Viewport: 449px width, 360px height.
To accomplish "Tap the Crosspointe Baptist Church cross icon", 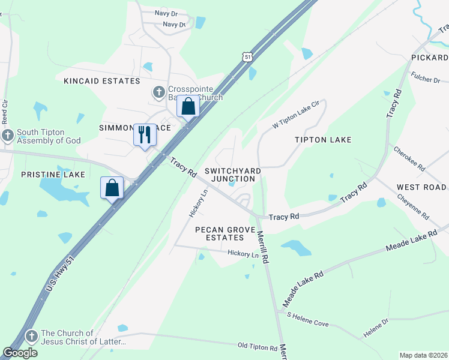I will tap(158, 91).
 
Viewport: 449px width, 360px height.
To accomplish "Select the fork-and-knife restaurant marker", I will tap(145, 134).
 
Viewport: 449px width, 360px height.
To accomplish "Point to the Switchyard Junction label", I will tap(233, 175).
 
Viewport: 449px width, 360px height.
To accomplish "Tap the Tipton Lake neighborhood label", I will tap(323, 140).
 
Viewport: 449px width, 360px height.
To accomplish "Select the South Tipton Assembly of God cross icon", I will tap(8, 134).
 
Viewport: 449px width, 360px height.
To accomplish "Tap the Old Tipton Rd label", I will tap(258, 346).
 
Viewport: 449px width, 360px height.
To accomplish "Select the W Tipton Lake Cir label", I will tap(295, 116).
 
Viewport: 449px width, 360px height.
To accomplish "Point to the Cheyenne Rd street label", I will tap(414, 205).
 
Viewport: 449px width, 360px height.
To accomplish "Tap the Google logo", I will tap(20, 353).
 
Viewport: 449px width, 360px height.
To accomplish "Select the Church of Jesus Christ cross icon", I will tap(32, 334).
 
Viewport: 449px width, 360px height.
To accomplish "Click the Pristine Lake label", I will tap(53, 174).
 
